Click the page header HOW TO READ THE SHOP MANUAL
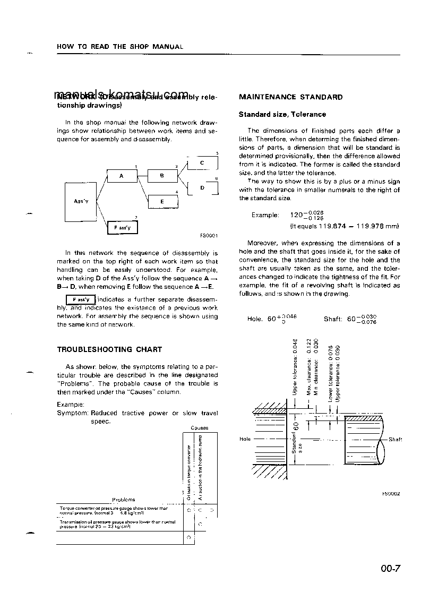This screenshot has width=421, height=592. [119, 47]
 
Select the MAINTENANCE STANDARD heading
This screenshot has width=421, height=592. [290, 97]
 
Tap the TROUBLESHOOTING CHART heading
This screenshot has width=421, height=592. [109, 349]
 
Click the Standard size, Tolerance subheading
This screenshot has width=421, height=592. [282, 114]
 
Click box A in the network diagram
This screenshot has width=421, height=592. [122, 176]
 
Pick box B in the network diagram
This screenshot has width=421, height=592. [161, 176]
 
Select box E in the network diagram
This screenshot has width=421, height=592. [161, 201]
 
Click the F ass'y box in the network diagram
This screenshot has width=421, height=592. [123, 228]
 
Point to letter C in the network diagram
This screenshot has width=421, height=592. [202, 163]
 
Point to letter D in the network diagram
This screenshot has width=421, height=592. [202, 188]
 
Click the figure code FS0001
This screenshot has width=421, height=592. [208, 236]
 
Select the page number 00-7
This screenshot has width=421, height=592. [390, 569]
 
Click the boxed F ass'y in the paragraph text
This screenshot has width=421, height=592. [80, 299]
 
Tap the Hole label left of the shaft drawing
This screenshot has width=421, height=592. [245, 439]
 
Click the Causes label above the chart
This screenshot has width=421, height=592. [199, 427]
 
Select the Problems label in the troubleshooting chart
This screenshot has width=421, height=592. [123, 500]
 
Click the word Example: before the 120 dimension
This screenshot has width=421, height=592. [265, 215]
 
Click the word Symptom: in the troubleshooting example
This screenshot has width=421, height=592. [72, 413]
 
